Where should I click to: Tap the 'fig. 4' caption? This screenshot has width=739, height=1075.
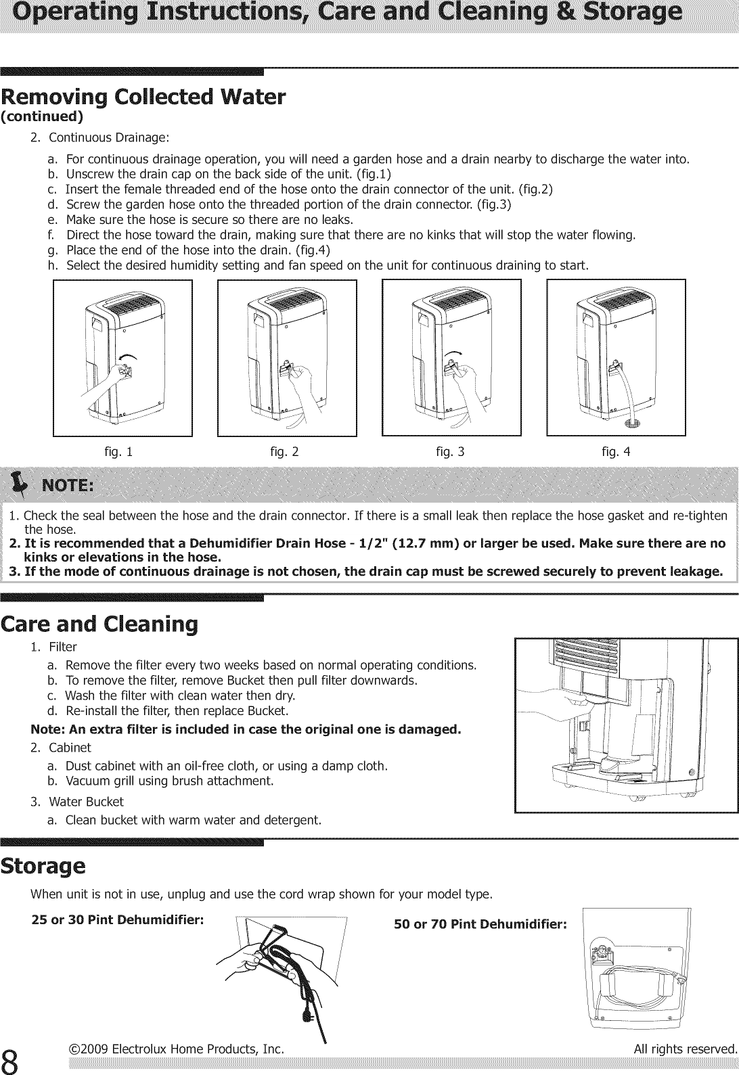click(616, 452)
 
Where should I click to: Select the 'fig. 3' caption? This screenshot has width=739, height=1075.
click(450, 452)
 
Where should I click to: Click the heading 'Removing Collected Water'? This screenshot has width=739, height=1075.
click(143, 97)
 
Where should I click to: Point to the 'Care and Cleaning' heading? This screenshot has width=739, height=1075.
click(99, 623)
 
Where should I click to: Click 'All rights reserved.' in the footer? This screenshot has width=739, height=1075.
click(684, 1049)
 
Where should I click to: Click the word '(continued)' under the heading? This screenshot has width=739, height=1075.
click(42, 116)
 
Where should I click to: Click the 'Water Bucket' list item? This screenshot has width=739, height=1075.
click(86, 802)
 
